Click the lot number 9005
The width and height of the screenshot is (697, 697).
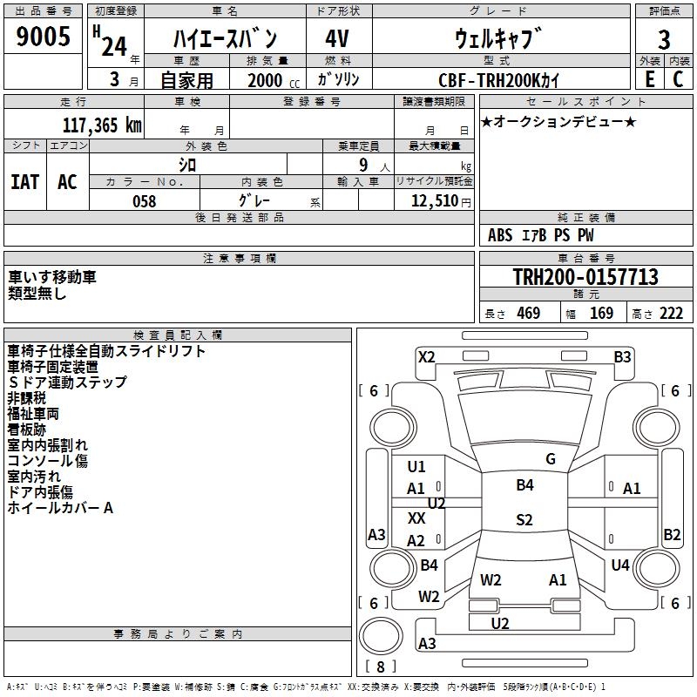tap(43, 36)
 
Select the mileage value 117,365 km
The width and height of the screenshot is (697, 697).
tap(102, 125)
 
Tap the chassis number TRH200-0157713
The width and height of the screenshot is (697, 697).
tap(585, 276)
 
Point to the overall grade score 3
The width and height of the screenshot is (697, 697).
tap(664, 40)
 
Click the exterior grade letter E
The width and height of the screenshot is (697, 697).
tap(649, 78)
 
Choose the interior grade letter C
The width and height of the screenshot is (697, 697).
tap(678, 78)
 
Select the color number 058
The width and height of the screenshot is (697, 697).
tap(145, 201)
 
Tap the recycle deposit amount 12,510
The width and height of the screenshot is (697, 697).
tap(435, 201)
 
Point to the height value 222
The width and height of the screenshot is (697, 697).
tap(671, 314)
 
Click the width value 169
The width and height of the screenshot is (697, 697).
tap(601, 314)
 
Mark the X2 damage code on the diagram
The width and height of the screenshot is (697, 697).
tap(427, 357)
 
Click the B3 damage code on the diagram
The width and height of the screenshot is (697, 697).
tap(622, 357)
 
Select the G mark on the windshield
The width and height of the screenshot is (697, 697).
tap(551, 459)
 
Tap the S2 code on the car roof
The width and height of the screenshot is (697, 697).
tap(524, 519)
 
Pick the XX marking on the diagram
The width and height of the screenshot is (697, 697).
tap(416, 518)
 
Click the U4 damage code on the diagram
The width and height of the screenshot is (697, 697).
tap(620, 565)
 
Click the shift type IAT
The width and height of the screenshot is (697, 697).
tap(25, 182)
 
